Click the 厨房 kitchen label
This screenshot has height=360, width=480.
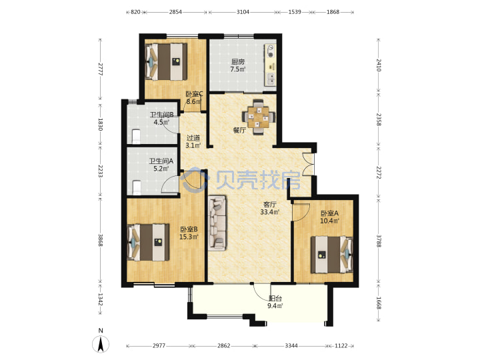[x=237, y=61]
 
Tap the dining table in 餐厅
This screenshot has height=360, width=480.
[x=259, y=117]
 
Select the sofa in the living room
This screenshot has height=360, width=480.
[x=217, y=223]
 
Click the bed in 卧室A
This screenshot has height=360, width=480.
[x=332, y=254]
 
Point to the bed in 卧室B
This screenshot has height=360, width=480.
[x=149, y=243]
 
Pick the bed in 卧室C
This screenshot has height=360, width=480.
[x=166, y=62]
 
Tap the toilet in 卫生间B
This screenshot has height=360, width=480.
[x=137, y=137]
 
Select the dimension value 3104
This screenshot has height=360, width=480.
[x=243, y=12]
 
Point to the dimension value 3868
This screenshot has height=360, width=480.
[x=100, y=240]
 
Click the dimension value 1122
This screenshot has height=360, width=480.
[x=341, y=345]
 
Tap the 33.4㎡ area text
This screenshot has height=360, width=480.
[x=270, y=212]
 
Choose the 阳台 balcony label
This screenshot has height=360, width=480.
[x=275, y=298]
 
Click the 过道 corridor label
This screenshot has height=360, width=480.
[x=193, y=138]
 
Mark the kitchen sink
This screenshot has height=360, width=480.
[x=271, y=79]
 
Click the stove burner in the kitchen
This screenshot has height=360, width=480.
[x=271, y=51]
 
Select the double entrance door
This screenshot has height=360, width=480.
[x=307, y=164]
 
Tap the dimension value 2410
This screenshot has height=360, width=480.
[x=379, y=65]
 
